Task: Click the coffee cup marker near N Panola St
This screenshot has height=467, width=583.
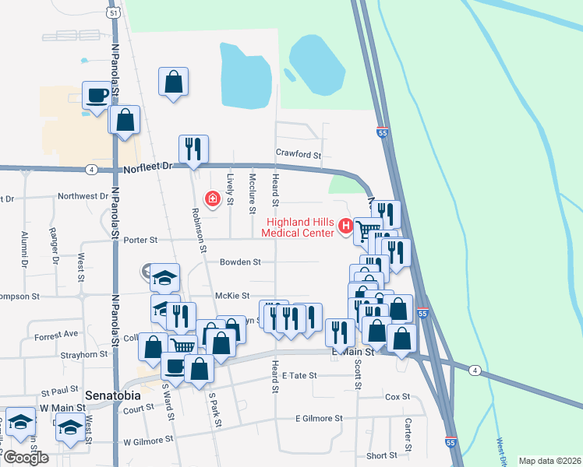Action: [x=97, y=96]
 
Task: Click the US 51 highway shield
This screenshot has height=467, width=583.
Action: [x=113, y=13]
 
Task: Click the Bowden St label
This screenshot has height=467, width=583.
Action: [x=240, y=262]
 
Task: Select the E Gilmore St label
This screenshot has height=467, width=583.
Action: [x=319, y=418]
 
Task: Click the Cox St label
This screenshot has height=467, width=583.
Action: [x=397, y=397]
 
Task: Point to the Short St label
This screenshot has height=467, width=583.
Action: [x=382, y=455]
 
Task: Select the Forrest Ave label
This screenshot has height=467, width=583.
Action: [x=56, y=335]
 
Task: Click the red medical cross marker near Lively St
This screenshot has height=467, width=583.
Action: [x=210, y=199]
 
